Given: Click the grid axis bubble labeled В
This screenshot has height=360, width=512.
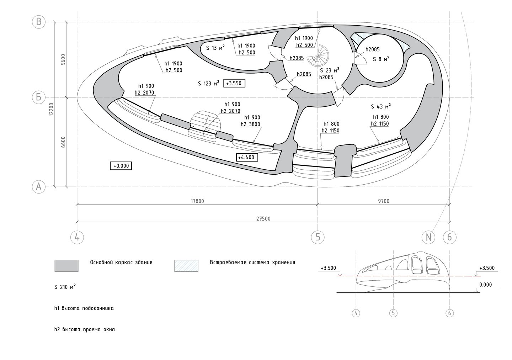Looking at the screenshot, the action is click(x=39, y=22).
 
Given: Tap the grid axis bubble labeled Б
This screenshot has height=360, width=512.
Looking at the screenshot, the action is click(x=39, y=97).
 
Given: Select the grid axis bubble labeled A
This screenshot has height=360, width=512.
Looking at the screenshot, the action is click(x=39, y=187).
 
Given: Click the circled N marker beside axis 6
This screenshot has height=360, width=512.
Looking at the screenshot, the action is click(x=428, y=237).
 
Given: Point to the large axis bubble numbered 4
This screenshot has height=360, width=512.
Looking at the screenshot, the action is click(x=77, y=237).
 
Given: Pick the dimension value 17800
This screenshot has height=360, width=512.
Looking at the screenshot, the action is click(x=197, y=201).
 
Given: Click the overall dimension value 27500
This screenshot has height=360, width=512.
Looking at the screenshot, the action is click(x=263, y=219).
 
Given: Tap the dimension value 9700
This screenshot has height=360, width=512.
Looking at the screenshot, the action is click(x=384, y=201).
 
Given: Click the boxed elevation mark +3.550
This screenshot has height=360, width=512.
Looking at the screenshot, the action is click(x=234, y=83).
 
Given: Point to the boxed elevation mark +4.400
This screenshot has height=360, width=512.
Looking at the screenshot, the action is click(x=247, y=157).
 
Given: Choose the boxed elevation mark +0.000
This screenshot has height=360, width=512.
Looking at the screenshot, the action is click(x=121, y=166).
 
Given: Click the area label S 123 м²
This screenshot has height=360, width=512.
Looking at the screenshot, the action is click(x=208, y=83).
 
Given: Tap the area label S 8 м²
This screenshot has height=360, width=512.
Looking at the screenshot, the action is click(x=381, y=59).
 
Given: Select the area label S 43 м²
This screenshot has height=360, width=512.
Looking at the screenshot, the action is click(x=381, y=106).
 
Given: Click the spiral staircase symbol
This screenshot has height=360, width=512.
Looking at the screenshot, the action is click(x=318, y=55).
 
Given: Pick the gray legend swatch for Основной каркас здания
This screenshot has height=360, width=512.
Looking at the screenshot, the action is click(x=66, y=265).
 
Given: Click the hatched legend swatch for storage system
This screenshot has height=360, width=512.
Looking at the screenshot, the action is click(x=186, y=265).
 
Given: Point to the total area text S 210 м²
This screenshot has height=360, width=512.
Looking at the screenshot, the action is click(x=65, y=287).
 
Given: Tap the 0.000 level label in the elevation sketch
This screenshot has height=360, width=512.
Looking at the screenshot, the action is click(x=485, y=285).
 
